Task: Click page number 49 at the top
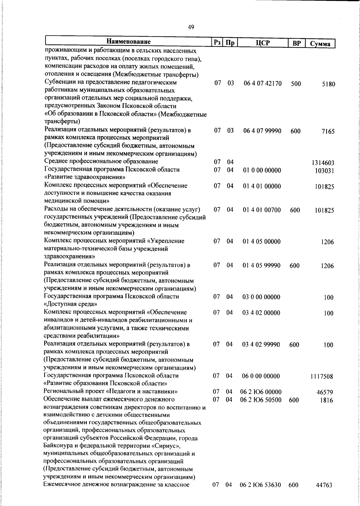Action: coord(191,27)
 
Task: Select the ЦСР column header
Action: coord(263,43)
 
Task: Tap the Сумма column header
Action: coord(320,44)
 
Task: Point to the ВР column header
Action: coord(296,43)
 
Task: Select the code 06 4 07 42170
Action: coord(262,83)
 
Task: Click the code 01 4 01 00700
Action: coord(262,210)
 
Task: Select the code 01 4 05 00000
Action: coord(262,242)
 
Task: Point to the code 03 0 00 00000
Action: coord(261,297)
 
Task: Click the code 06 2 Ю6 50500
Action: coord(261,400)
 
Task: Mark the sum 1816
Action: coord(327,400)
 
